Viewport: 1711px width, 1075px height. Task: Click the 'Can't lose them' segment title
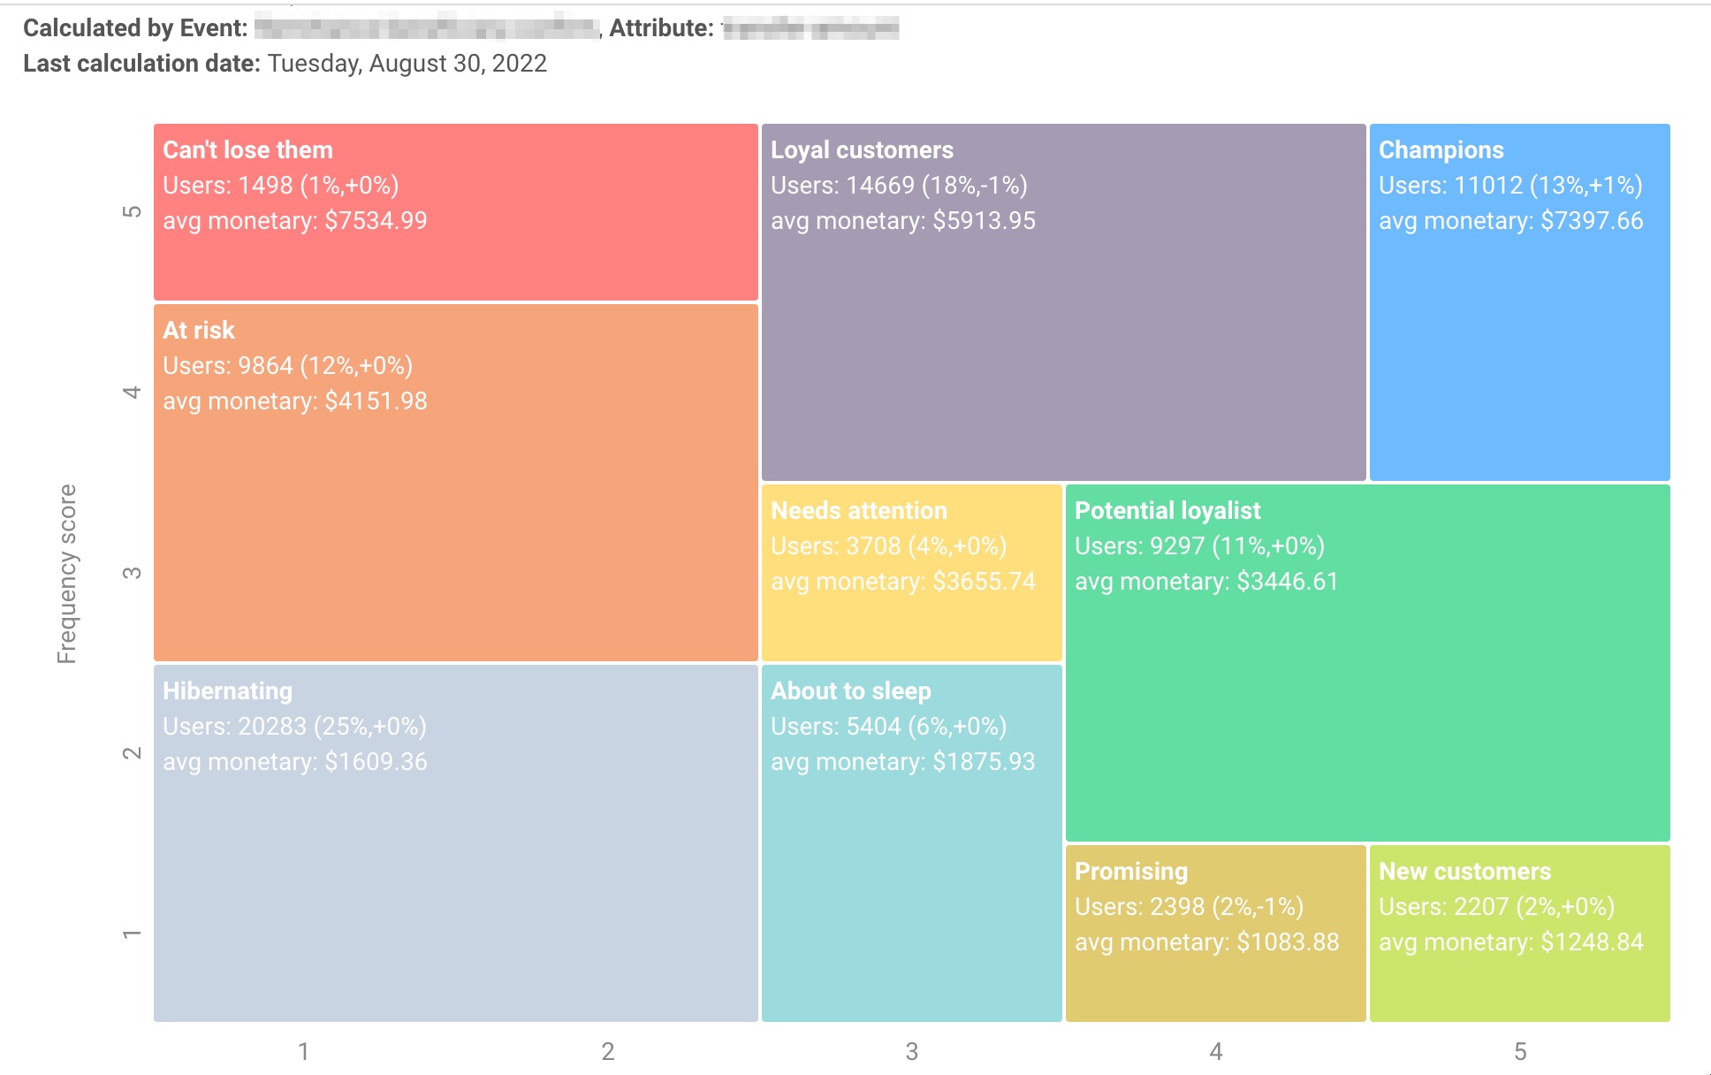pos(247,150)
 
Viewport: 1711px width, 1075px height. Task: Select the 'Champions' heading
pos(1441,150)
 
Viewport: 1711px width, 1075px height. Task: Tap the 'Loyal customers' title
pos(862,150)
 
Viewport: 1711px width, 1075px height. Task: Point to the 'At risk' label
pos(199,331)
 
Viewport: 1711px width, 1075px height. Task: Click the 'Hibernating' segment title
pos(227,691)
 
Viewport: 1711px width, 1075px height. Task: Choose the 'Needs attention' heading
pos(858,511)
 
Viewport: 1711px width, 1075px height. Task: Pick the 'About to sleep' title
pos(850,691)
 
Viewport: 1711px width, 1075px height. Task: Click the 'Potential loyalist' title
pos(1167,511)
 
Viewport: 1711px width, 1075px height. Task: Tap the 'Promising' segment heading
pos(1130,872)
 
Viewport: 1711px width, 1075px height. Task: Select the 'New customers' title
pos(1464,872)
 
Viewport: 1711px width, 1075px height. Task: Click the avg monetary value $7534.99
pos(294,221)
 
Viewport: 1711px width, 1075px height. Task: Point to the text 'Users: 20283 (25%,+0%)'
pos(294,727)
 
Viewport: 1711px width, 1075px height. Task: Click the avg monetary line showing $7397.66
pos(1510,221)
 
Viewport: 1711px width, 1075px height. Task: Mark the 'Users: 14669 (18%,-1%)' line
pos(899,186)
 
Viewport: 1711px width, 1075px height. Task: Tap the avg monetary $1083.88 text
pos(1206,942)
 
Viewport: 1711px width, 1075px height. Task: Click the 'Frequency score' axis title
pos(67,574)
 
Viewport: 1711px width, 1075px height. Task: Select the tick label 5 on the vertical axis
pos(132,211)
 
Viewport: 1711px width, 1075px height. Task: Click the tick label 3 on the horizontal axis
pos(911,1051)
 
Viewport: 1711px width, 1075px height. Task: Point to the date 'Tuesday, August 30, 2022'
pos(407,64)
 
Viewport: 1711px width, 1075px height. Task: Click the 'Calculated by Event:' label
pos(135,28)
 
